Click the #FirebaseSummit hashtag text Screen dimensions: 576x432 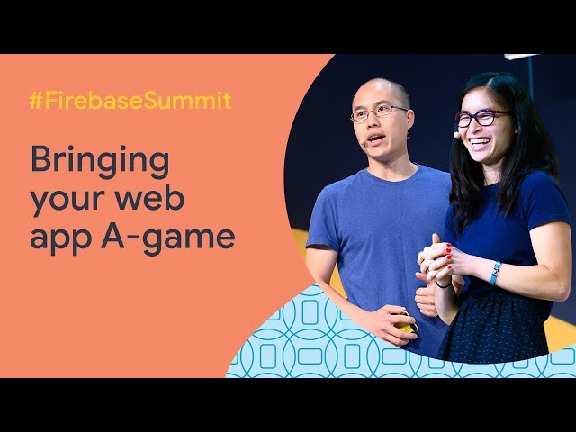coord(130,100)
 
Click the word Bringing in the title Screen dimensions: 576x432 coord(100,160)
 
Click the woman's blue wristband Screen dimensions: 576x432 coord(495,273)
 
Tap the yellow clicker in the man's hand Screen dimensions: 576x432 coord(405,323)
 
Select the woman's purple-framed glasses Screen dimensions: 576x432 coord(481,118)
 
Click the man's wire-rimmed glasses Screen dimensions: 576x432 coord(378,112)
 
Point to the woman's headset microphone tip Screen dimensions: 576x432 coord(456,135)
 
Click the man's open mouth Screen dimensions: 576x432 coord(376,139)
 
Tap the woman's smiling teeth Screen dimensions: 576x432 coord(480,141)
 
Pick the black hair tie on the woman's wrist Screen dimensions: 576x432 coord(444,284)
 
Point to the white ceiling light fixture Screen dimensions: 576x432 coord(522,57)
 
